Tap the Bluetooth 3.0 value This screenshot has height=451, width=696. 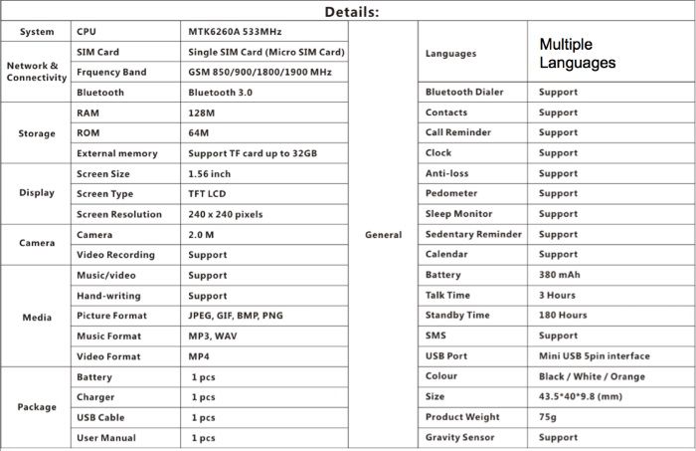[x=221, y=93]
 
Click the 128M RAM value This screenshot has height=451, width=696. [x=202, y=113]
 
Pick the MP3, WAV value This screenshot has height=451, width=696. [x=213, y=337]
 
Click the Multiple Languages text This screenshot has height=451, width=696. [x=578, y=54]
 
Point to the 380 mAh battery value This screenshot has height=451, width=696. [x=560, y=275]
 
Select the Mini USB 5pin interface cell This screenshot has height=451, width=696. [x=594, y=355]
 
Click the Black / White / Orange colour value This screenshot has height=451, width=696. [x=591, y=376]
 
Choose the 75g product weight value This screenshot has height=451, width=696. [x=549, y=417]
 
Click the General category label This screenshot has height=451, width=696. [x=384, y=235]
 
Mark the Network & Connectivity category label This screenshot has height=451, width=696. [x=36, y=72]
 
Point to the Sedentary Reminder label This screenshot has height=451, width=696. [x=473, y=235]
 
